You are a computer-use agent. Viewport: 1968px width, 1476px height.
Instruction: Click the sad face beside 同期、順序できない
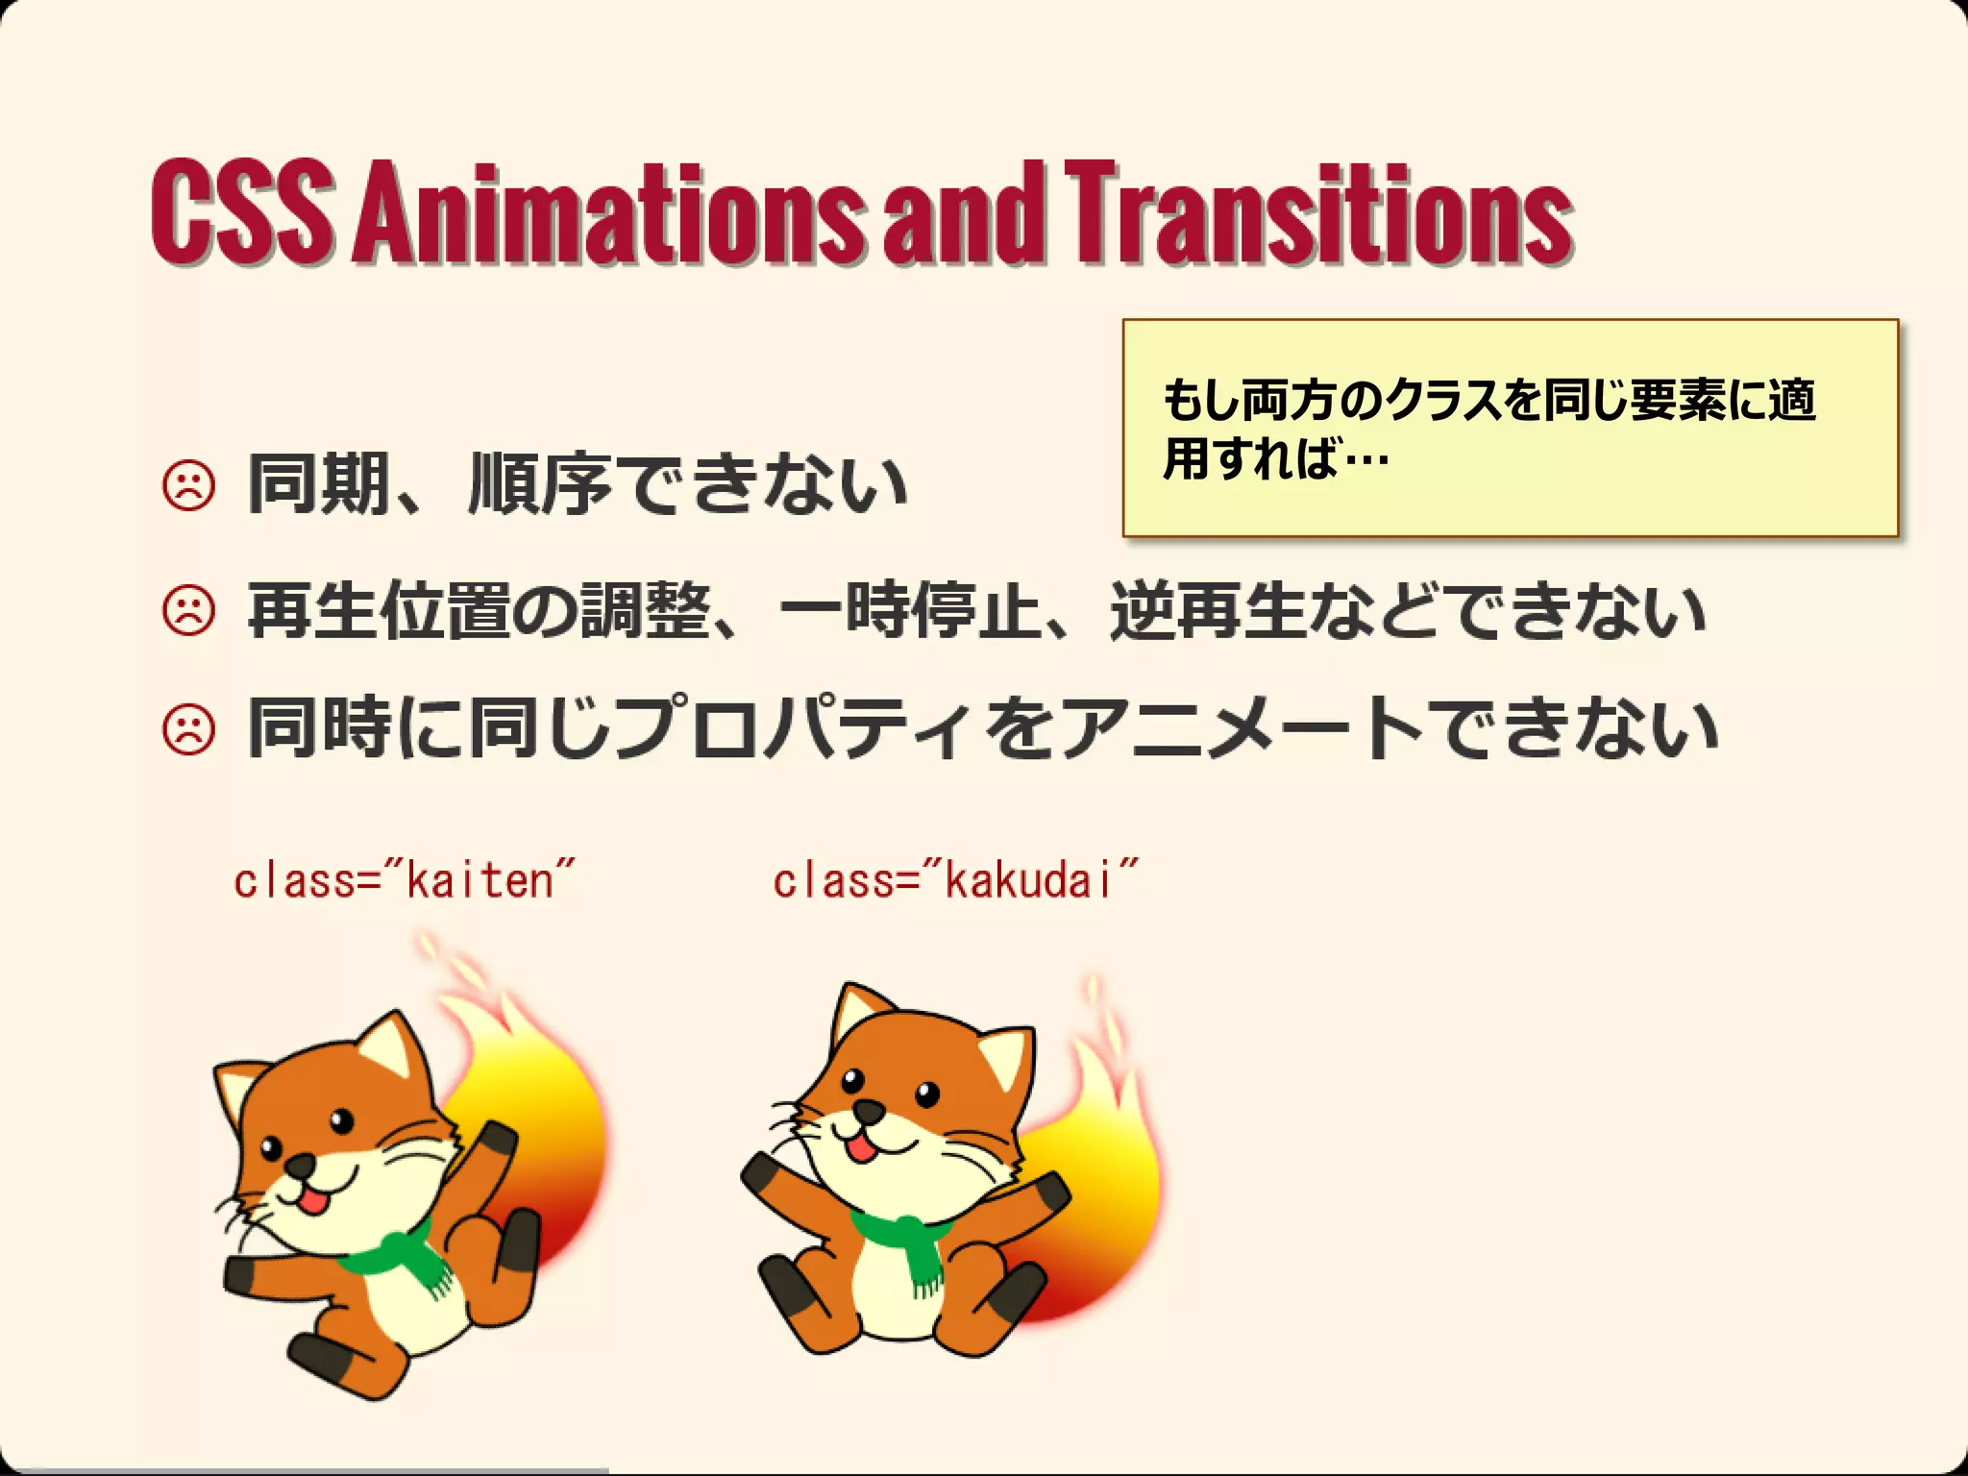pos(189,487)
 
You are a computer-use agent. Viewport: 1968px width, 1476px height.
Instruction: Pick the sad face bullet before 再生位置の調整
pos(189,611)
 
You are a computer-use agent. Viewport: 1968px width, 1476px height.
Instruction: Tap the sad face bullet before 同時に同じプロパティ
pos(189,730)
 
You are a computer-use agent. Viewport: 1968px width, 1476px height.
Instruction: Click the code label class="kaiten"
pos(404,879)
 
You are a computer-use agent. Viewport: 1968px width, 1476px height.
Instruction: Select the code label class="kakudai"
pos(954,879)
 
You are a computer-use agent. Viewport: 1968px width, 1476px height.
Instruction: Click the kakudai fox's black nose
pos(870,1112)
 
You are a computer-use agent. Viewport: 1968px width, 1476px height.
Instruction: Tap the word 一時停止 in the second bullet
pos(908,611)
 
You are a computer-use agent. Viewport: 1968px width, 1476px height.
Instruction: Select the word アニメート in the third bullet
pos(1240,730)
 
